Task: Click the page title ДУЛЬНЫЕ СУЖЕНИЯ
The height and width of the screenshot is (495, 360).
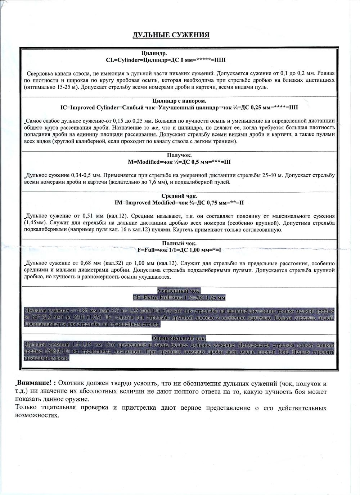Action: coord(171,35)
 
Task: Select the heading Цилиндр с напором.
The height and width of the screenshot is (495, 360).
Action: coord(179,101)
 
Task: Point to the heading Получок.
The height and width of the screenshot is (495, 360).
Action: coord(179,156)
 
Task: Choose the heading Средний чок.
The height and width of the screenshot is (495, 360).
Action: coord(179,196)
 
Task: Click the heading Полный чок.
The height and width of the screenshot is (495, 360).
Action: coord(179,243)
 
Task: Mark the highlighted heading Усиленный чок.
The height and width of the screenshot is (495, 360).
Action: coord(179,291)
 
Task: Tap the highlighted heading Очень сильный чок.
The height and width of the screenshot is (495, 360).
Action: coord(179,338)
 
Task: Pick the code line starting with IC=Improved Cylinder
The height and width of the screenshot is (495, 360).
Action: coord(179,108)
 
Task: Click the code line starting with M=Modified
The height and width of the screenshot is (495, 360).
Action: coord(179,162)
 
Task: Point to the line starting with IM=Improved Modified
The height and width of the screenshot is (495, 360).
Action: coord(179,203)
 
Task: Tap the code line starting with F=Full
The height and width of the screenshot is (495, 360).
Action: coord(179,250)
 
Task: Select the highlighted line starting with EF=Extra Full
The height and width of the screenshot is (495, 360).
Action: coord(179,297)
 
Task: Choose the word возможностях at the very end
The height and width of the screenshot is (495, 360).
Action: coord(37,415)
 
